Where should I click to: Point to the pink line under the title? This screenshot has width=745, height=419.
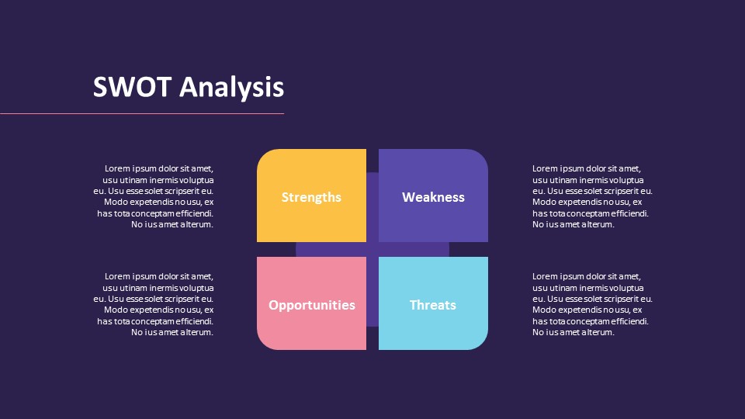click(x=142, y=113)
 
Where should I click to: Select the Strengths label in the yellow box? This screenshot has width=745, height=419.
click(x=311, y=197)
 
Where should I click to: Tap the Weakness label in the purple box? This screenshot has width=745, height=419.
click(x=433, y=197)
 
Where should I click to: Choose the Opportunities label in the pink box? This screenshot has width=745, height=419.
click(x=312, y=305)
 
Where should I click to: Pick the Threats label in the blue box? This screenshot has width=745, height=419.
click(x=433, y=305)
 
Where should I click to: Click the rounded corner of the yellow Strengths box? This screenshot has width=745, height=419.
click(x=264, y=156)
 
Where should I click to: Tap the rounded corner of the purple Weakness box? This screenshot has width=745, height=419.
click(x=481, y=156)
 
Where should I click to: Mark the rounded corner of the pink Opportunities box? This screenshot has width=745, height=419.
click(x=264, y=343)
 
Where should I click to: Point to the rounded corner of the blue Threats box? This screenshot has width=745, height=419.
click(x=481, y=343)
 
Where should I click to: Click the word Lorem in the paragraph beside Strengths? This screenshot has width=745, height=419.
click(x=117, y=168)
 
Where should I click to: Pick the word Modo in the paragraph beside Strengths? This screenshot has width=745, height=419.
click(x=116, y=202)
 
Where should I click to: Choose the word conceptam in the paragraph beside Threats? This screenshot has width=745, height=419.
click(x=584, y=321)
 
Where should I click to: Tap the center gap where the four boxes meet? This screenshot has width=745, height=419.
click(x=372, y=250)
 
